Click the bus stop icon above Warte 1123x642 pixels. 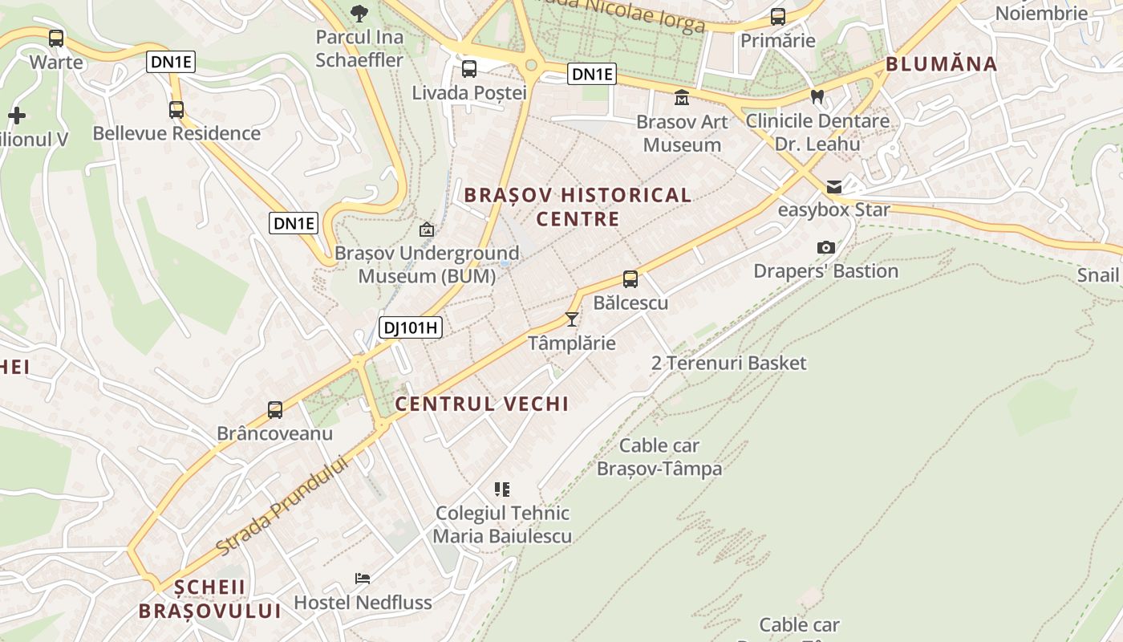point(56,38)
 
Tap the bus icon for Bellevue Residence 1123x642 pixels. point(176,110)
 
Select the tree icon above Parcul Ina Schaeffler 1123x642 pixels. point(359,12)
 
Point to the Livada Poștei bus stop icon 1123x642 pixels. point(469,69)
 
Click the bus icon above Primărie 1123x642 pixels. point(777,17)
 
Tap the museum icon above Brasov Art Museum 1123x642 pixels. point(682,98)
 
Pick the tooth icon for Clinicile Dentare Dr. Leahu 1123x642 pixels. point(817,97)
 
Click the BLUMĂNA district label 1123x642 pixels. point(942,64)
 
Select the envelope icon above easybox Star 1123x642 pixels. point(834,187)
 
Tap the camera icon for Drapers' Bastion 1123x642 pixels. point(825,248)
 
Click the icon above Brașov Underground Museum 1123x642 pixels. point(427,230)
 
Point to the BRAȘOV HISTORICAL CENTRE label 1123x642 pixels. point(578,206)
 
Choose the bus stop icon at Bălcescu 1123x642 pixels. point(630,279)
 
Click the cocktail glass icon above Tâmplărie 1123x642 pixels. point(572,319)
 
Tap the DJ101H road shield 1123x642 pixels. point(411,327)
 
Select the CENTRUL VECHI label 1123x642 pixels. point(482,404)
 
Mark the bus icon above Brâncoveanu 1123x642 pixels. point(275,410)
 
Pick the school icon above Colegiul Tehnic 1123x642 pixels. point(502,489)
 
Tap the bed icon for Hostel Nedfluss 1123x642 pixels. point(363,579)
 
